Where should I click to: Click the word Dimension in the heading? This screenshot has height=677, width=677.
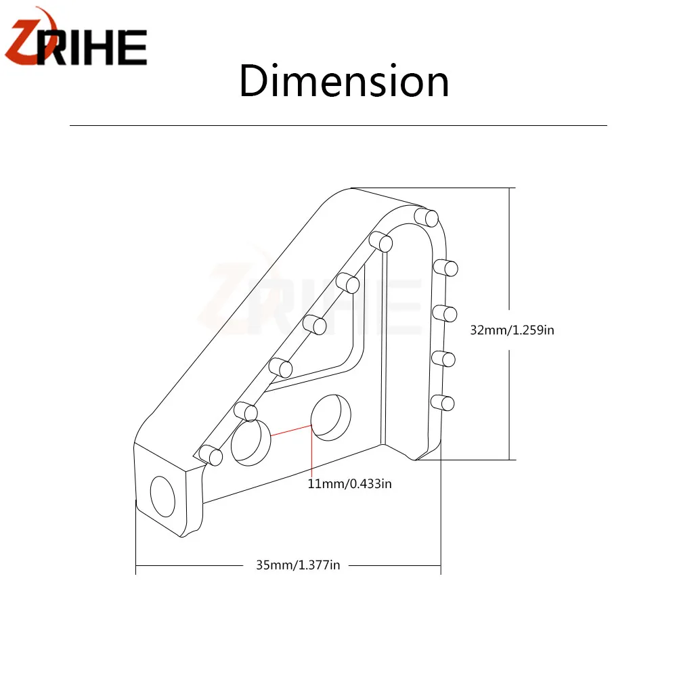344,81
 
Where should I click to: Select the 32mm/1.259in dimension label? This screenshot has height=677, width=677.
512,330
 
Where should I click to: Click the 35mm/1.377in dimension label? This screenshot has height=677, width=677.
298,565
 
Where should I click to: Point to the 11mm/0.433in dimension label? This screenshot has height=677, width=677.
350,483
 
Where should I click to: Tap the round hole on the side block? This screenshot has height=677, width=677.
162,496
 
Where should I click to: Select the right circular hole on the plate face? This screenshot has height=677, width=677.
331,418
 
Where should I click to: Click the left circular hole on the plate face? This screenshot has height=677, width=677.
251,443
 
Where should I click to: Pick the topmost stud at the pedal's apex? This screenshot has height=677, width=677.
426,217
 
